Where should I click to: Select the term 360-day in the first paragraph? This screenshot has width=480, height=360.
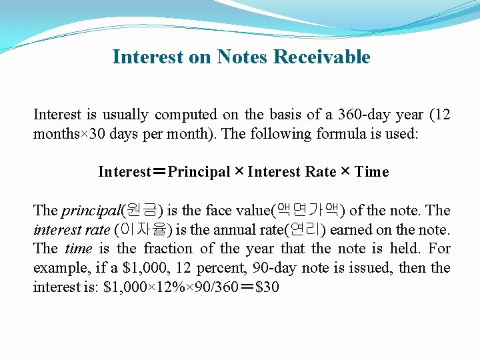click(x=363, y=115)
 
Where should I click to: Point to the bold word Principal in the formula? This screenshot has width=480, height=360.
click(x=199, y=172)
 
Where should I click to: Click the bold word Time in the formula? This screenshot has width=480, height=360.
click(x=371, y=172)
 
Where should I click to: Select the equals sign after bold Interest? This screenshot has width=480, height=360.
click(x=159, y=172)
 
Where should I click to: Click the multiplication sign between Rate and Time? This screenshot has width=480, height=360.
click(x=345, y=172)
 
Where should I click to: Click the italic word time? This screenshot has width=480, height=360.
click(x=79, y=249)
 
